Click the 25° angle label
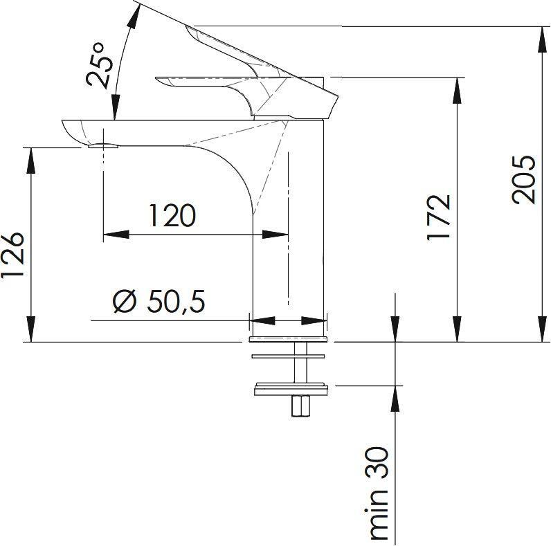(102, 64)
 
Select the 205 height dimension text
(524, 179)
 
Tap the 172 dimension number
(440, 217)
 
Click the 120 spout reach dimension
(172, 216)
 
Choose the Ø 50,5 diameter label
(159, 302)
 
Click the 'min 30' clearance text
(379, 492)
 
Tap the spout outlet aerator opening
(102, 145)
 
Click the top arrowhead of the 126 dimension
(30, 158)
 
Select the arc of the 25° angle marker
(123, 55)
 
